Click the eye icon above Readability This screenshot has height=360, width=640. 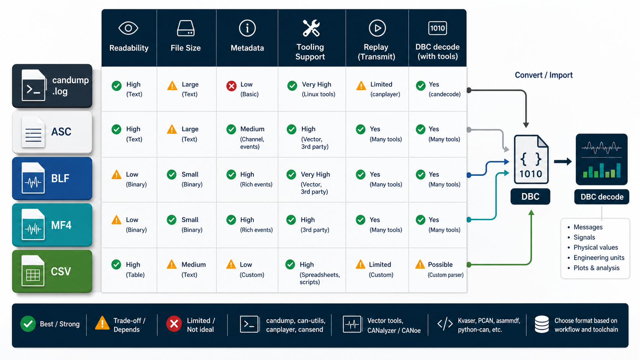point(128,28)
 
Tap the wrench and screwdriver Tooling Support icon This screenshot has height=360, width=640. point(311,28)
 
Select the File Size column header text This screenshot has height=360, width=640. point(185,48)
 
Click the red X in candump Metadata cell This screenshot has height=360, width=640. point(231,86)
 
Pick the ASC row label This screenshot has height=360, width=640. point(61,132)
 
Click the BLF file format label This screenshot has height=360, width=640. point(60,178)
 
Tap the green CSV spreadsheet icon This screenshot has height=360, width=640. point(33,271)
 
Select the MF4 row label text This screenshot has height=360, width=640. point(61,225)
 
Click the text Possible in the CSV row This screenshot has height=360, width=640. point(440,265)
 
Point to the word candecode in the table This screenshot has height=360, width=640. point(444,94)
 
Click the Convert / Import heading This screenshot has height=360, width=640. point(544,75)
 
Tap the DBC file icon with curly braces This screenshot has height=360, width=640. point(531,159)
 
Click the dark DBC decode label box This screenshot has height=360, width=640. point(602,197)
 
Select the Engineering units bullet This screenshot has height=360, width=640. point(599,258)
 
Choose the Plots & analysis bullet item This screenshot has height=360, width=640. point(597,268)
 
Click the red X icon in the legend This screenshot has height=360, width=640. point(174,324)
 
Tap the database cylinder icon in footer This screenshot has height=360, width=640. point(541,324)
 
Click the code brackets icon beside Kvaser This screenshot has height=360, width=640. point(445,324)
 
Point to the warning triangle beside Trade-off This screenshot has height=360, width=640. point(102,323)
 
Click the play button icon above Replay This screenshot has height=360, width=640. point(377,28)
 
